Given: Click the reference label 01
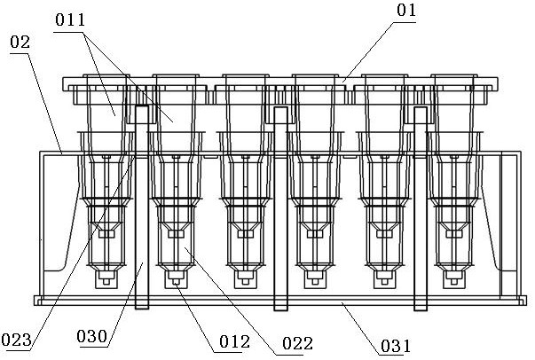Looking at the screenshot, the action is click(x=406, y=11).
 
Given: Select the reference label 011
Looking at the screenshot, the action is click(x=70, y=20).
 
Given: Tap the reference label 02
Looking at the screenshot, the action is click(x=20, y=42).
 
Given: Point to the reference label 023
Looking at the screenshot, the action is click(x=16, y=340).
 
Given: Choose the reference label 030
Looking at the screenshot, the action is click(x=92, y=336).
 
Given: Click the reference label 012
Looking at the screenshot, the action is click(x=234, y=341).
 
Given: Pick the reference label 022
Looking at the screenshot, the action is click(x=297, y=343).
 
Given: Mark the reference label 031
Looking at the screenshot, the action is click(x=395, y=346).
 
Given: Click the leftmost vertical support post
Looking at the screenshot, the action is click(x=142, y=207).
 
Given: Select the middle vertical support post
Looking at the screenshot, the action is click(x=280, y=208).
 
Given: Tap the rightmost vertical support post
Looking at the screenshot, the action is click(x=421, y=208).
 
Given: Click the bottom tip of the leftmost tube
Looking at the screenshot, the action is click(x=106, y=281).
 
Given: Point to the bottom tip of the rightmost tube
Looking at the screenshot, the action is click(x=453, y=282).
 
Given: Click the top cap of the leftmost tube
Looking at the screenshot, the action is click(x=106, y=75).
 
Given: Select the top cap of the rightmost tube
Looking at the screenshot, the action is click(x=453, y=75).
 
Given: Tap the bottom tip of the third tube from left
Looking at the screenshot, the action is click(x=246, y=282).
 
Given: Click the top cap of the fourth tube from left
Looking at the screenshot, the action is click(x=315, y=75).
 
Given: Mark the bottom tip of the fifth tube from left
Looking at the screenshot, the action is click(x=384, y=282).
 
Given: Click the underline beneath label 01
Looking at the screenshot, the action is click(x=404, y=22).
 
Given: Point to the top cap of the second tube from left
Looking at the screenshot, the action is click(x=176, y=75).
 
